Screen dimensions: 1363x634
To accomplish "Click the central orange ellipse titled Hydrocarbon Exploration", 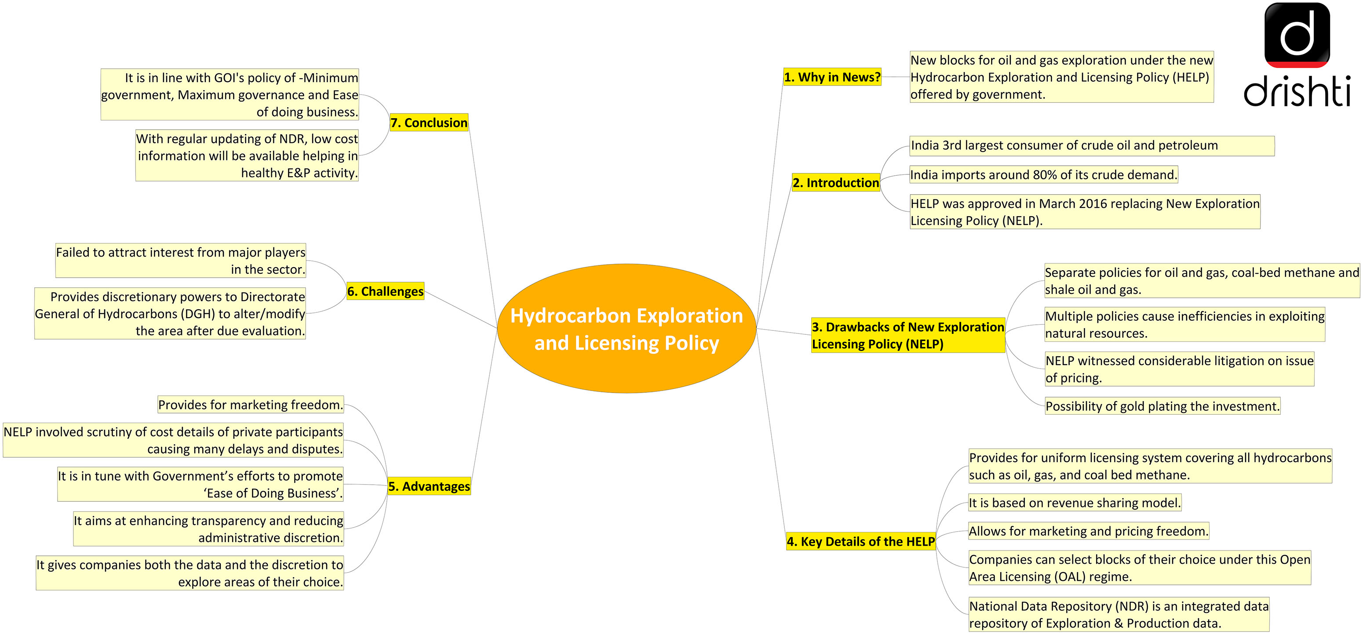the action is click(627, 328).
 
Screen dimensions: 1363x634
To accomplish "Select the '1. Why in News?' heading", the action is click(832, 77).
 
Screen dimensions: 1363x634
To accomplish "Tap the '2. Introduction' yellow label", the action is click(836, 182).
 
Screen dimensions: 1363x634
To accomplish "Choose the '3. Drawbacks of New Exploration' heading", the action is click(908, 335).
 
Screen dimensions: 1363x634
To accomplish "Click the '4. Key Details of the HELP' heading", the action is click(861, 541).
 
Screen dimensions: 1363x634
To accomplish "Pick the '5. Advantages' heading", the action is click(429, 486).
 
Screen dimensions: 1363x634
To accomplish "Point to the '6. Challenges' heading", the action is click(385, 291).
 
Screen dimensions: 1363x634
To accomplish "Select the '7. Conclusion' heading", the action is click(429, 122).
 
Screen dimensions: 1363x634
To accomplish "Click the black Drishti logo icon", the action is click(1297, 35).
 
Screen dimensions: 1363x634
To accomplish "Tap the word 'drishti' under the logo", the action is click(1297, 91).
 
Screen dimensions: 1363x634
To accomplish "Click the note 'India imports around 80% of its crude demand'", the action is click(1043, 174).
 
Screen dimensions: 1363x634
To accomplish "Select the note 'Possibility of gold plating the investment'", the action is click(1163, 406).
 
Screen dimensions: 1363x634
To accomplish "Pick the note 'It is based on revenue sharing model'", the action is click(1075, 502).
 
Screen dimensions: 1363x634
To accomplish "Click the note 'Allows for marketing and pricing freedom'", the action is click(1088, 531).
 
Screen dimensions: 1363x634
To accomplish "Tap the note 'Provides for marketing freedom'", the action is click(251, 405).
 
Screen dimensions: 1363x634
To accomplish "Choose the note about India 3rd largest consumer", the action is click(1092, 145).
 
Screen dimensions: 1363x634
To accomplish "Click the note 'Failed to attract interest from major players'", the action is click(180, 260).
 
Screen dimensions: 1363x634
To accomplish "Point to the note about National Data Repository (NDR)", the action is click(1119, 614).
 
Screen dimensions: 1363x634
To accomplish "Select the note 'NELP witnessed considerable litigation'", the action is click(1179, 369).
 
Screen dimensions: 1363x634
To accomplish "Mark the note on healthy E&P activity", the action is click(247, 156).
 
